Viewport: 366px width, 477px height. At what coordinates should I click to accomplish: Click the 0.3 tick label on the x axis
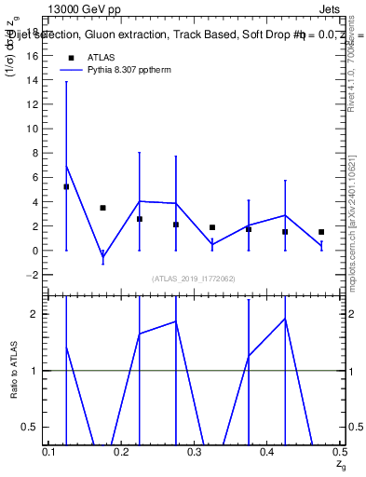point(195,452)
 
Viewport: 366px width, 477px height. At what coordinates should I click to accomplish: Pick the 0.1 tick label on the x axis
point(49,452)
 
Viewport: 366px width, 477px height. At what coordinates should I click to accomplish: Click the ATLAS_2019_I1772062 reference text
point(195,279)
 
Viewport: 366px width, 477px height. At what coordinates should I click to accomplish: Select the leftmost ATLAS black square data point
point(66,186)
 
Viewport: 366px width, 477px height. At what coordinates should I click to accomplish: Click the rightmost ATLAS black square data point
point(321,232)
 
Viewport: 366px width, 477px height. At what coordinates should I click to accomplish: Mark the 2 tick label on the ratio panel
point(37,314)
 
